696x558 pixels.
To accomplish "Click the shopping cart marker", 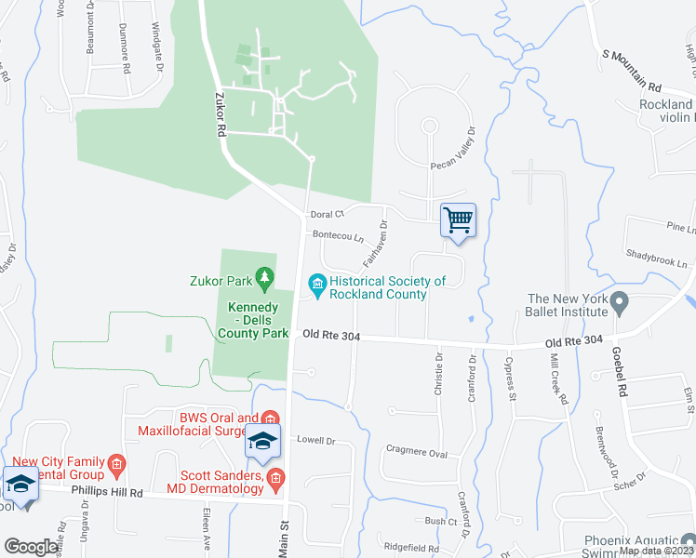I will pyautogui.click(x=458, y=221).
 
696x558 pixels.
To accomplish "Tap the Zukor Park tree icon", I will pyautogui.click(x=265, y=276).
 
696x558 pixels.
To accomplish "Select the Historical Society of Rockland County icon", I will pyautogui.click(x=317, y=281).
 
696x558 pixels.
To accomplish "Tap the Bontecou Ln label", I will pyautogui.click(x=337, y=235).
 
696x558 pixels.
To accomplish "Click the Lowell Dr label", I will pyautogui.click(x=315, y=439).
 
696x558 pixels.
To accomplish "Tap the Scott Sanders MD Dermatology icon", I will pyautogui.click(x=274, y=480).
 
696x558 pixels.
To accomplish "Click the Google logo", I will pyautogui.click(x=32, y=547).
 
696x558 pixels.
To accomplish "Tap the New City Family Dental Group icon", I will pyautogui.click(x=116, y=463).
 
